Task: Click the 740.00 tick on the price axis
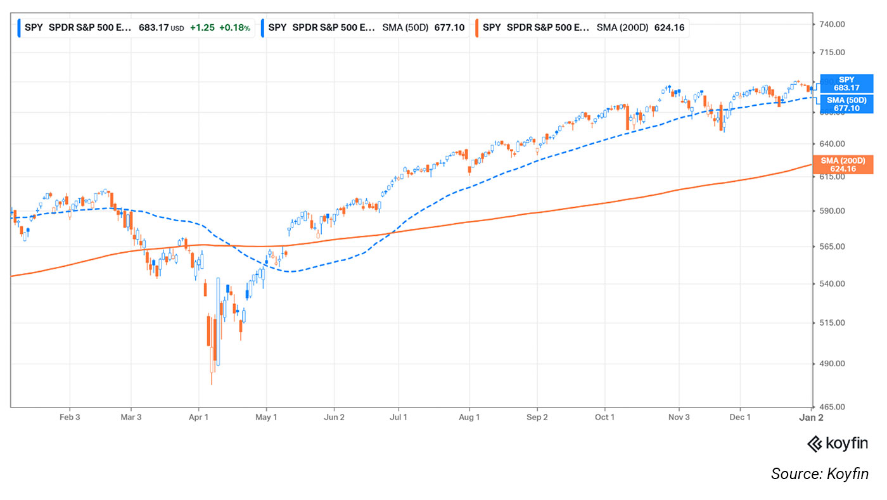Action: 833,24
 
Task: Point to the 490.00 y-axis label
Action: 833,364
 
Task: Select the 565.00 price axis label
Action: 833,247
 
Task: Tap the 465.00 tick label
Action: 833,407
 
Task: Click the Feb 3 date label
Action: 70,418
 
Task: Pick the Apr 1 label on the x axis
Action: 198,418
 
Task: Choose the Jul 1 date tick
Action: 399,418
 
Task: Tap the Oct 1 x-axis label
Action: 604,418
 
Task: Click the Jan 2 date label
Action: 812,418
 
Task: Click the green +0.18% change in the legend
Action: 234,28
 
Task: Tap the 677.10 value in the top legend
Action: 448,28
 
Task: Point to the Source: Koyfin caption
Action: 819,473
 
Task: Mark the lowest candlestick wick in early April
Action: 212,380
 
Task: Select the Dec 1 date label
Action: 740,418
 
